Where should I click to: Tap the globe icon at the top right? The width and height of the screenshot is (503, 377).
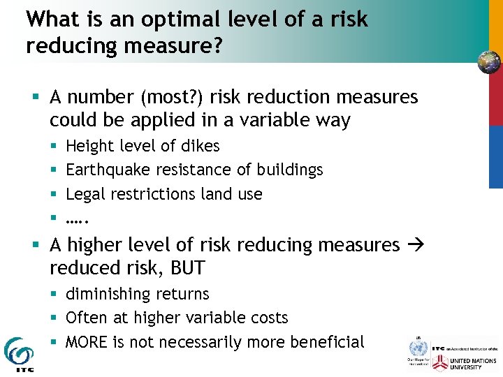click(489, 62)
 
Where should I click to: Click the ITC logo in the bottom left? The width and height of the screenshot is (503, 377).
click(18, 353)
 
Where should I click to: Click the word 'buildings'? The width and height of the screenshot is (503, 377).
click(289, 170)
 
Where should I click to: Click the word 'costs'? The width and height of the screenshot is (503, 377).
click(269, 318)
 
